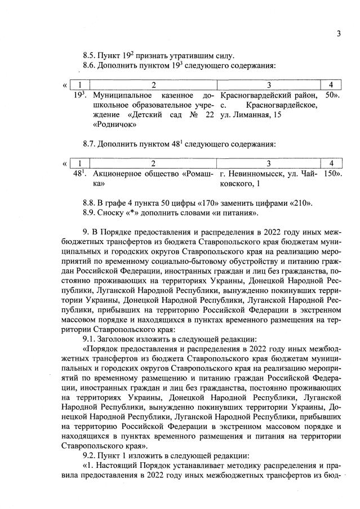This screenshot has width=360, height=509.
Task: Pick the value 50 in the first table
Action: (331, 95)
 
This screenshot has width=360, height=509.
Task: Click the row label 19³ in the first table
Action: (81, 95)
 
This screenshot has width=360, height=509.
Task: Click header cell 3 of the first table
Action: (269, 85)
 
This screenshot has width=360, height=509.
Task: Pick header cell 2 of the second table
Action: (153, 163)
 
